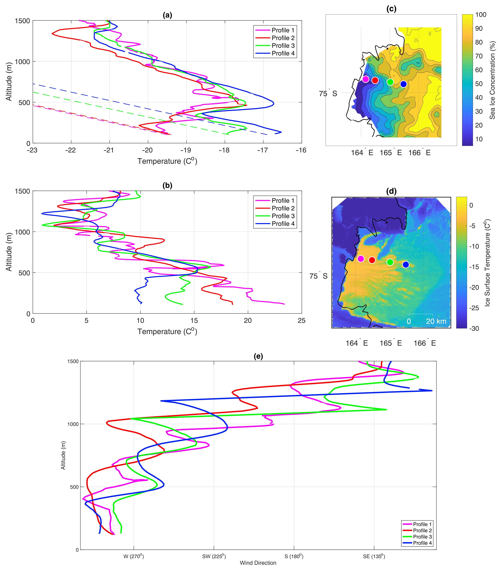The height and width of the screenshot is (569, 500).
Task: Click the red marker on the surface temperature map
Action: [x=372, y=260]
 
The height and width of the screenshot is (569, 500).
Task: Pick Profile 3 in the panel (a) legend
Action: [x=283, y=46]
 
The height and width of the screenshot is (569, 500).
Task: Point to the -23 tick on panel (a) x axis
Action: [x=32, y=150]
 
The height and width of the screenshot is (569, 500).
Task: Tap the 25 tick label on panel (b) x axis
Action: [x=301, y=321]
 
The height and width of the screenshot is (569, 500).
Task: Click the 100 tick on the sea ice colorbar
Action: [x=481, y=15]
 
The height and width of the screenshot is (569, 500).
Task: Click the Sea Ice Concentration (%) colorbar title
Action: [x=492, y=80]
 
